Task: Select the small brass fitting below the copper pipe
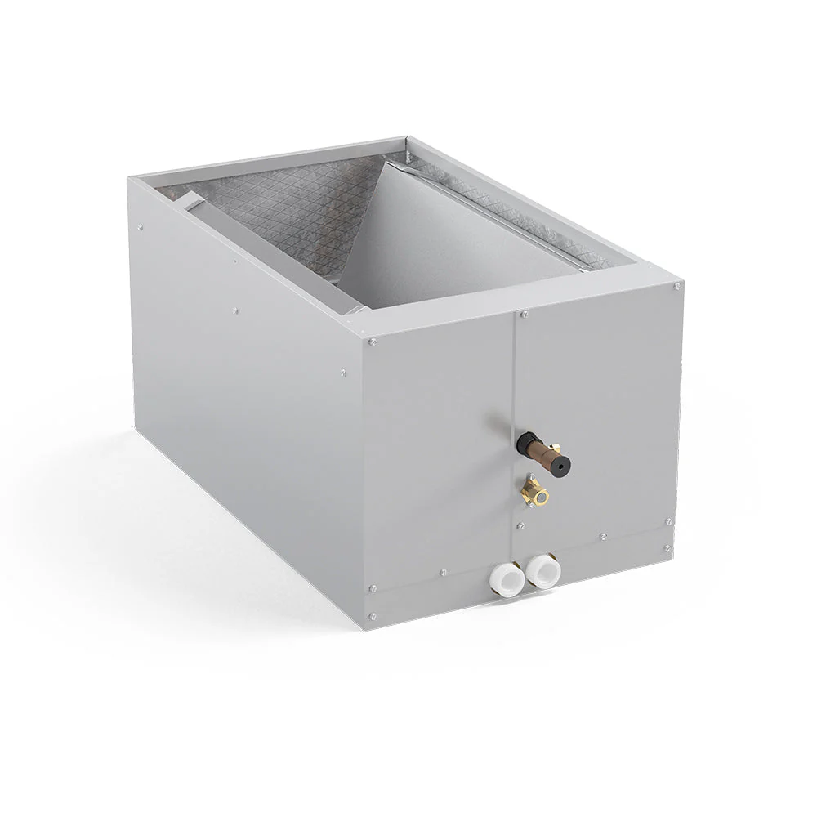click(536, 493)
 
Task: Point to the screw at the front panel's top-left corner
click(373, 342)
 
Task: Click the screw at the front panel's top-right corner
click(676, 287)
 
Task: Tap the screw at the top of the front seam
click(524, 314)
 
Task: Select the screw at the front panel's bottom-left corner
click(373, 615)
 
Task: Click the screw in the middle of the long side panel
click(235, 310)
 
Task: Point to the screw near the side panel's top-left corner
click(141, 228)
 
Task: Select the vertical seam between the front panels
click(515, 408)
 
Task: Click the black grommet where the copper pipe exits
click(522, 442)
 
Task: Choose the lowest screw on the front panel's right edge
click(669, 548)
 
